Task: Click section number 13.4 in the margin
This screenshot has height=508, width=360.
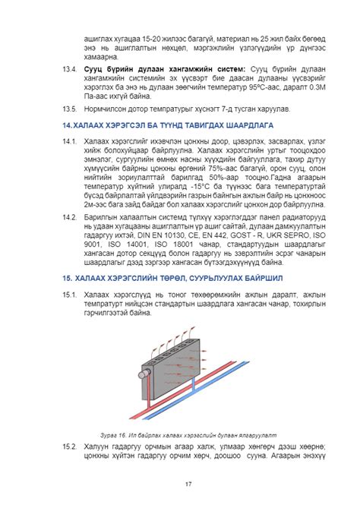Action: [x=71, y=68]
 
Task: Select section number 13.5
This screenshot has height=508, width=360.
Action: [x=71, y=108]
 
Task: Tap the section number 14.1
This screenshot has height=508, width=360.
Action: [x=71, y=140]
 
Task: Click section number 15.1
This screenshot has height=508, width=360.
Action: [x=71, y=294]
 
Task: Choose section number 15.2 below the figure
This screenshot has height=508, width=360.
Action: [x=71, y=446]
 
